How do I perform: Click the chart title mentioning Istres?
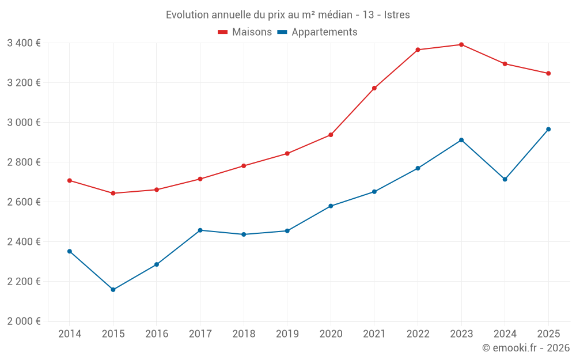coord(287,15)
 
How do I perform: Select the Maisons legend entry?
coord(245,32)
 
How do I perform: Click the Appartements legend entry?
coord(317,32)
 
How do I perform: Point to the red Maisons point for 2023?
coord(461,44)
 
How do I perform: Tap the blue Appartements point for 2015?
coord(113,290)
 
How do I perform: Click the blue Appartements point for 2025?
coord(548,129)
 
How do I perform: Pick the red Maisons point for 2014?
coord(70,180)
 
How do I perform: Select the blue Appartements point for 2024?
coord(505,179)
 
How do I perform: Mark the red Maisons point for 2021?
coord(374,88)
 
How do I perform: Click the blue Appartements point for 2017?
coord(200,230)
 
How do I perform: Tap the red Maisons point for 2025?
coord(548,73)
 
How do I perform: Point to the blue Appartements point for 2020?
coord(331,206)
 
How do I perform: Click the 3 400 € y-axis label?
coord(24,43)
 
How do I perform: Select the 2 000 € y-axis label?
coord(24,321)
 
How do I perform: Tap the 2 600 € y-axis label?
coord(24,202)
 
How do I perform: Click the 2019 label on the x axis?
coord(287,334)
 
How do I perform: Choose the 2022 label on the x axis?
coord(418,334)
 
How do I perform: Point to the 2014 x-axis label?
coord(70,334)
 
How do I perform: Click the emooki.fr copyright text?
coord(525,348)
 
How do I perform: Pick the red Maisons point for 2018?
coord(244,166)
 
